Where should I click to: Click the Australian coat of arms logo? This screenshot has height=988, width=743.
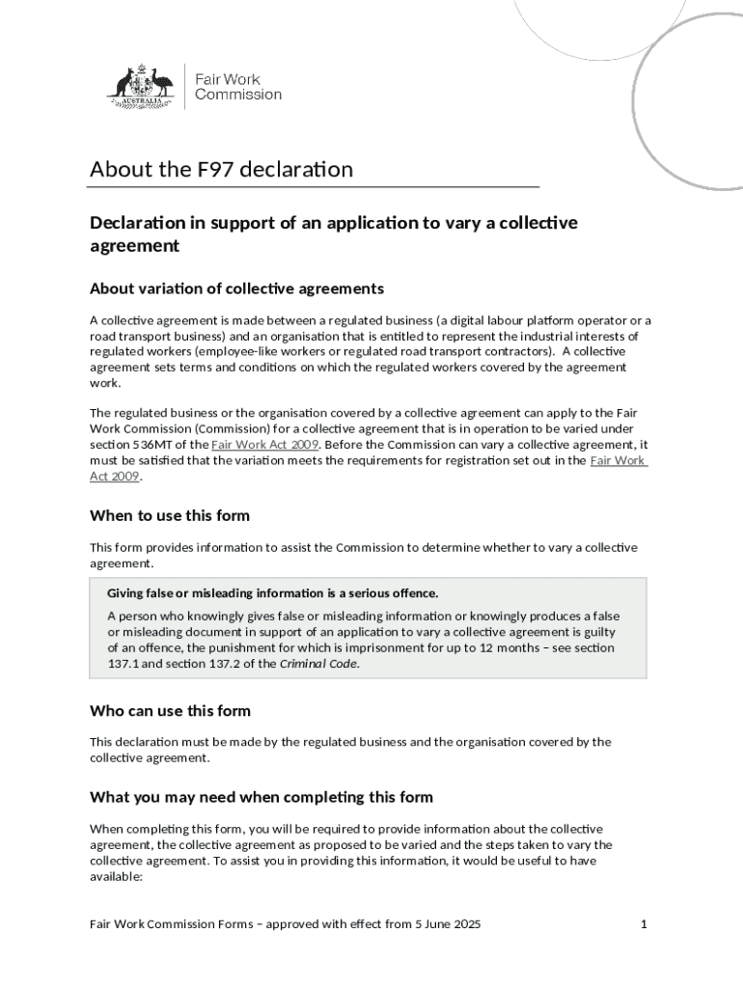click(140, 86)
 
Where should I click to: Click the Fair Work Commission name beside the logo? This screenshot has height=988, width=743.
click(237, 87)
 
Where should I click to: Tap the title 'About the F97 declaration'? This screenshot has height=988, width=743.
click(221, 170)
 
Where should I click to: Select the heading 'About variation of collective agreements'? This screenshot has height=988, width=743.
click(236, 288)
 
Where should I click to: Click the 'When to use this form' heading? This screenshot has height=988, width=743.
click(170, 515)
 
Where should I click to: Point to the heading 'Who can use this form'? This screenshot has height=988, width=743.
click(170, 711)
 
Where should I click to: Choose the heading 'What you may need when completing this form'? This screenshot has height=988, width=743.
click(261, 797)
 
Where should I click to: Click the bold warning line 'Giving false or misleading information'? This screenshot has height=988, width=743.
click(272, 592)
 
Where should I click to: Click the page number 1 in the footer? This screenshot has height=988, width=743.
click(643, 924)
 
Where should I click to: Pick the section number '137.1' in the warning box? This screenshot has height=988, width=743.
click(123, 664)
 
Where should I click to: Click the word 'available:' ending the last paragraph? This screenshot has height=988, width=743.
click(116, 877)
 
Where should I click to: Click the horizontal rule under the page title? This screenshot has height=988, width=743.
click(314, 186)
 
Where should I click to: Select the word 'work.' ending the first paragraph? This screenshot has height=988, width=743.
click(105, 382)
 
